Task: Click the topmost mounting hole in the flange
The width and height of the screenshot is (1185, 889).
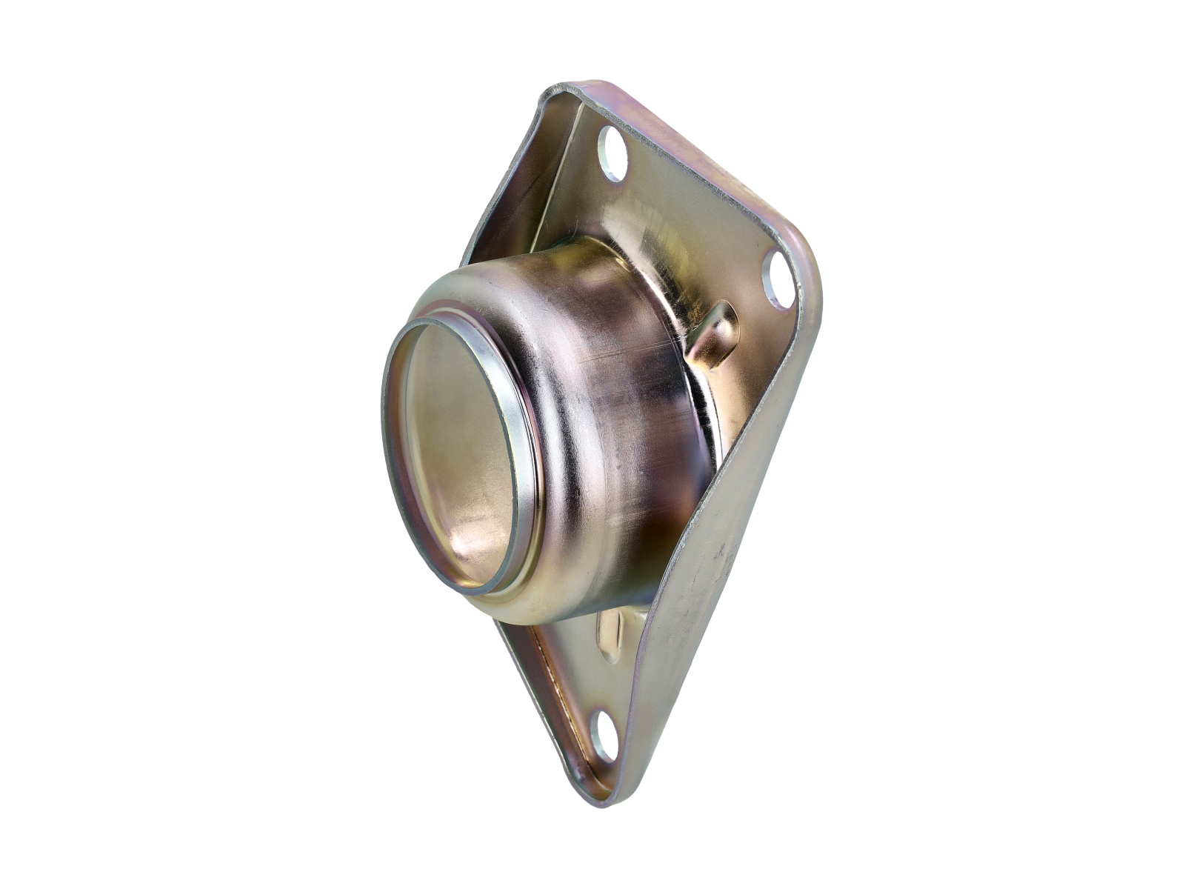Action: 612,154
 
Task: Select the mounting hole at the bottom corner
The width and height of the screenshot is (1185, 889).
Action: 604,736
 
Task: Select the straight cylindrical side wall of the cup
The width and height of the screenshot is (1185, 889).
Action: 630,415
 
